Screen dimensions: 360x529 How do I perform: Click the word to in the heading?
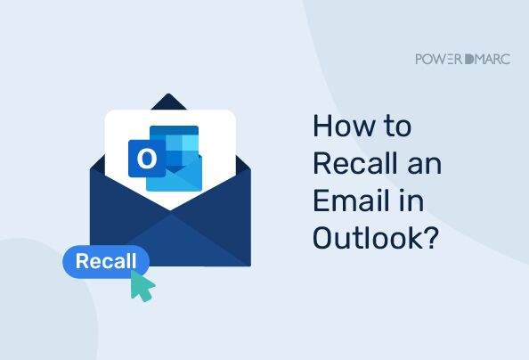(396, 128)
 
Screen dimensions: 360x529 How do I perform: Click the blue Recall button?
(106, 262)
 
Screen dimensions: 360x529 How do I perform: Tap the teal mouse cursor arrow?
(142, 285)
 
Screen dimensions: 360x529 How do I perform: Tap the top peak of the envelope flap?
(169, 94)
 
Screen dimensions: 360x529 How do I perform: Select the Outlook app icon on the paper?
(167, 158)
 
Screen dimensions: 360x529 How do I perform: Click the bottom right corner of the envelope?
(249, 264)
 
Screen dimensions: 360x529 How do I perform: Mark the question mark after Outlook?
(429, 239)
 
